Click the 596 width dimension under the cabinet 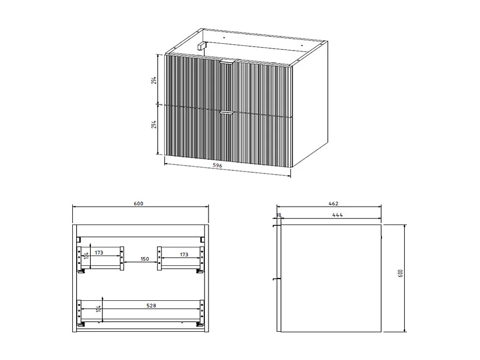click(x=217, y=166)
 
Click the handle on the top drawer click(x=227, y=63)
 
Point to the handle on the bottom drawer click(x=226, y=113)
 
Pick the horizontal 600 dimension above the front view click(x=139, y=203)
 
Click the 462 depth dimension click(x=333, y=203)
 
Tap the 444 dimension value click(x=338, y=215)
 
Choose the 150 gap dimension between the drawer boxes click(x=145, y=259)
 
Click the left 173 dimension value click(x=99, y=253)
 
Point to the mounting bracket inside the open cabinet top click(x=201, y=46)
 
